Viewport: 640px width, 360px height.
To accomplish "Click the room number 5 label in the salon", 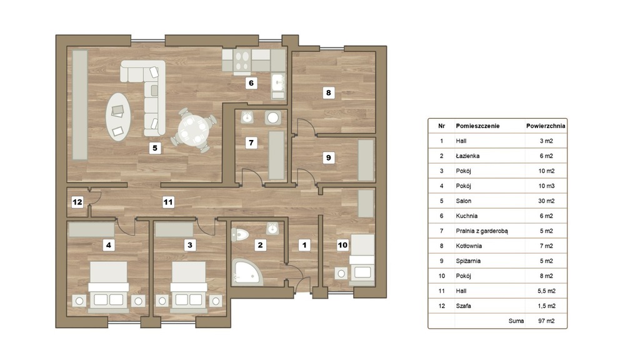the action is (x=155, y=147).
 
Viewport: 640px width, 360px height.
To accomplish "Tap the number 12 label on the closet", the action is (x=77, y=202).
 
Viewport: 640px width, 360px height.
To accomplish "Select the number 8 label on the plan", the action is (x=329, y=92).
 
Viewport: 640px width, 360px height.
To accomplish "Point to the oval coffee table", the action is (x=118, y=117).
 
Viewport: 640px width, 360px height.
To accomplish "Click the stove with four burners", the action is (x=242, y=61).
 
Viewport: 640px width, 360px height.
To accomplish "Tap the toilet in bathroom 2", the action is (x=240, y=235).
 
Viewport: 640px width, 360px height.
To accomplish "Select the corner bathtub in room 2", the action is (x=246, y=272).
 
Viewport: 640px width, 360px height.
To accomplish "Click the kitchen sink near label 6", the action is (x=278, y=83).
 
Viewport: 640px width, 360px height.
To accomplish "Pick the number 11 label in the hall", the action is (x=168, y=202).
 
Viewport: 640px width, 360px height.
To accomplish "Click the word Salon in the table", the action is (x=463, y=201).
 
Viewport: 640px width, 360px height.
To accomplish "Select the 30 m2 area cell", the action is (x=546, y=201).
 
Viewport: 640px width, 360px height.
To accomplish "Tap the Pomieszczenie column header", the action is (x=477, y=126).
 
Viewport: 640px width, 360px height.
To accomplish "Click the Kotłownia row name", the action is (x=469, y=246).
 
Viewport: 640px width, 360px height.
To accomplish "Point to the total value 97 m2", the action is (x=546, y=321).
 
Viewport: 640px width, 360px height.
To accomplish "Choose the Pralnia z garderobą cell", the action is (x=482, y=231).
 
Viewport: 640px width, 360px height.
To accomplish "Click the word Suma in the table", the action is (x=516, y=321).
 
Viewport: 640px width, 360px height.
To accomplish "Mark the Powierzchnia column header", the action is (x=546, y=126).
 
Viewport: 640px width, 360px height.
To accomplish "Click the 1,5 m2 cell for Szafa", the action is (x=546, y=306).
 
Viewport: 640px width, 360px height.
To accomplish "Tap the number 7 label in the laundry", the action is (x=251, y=142).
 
